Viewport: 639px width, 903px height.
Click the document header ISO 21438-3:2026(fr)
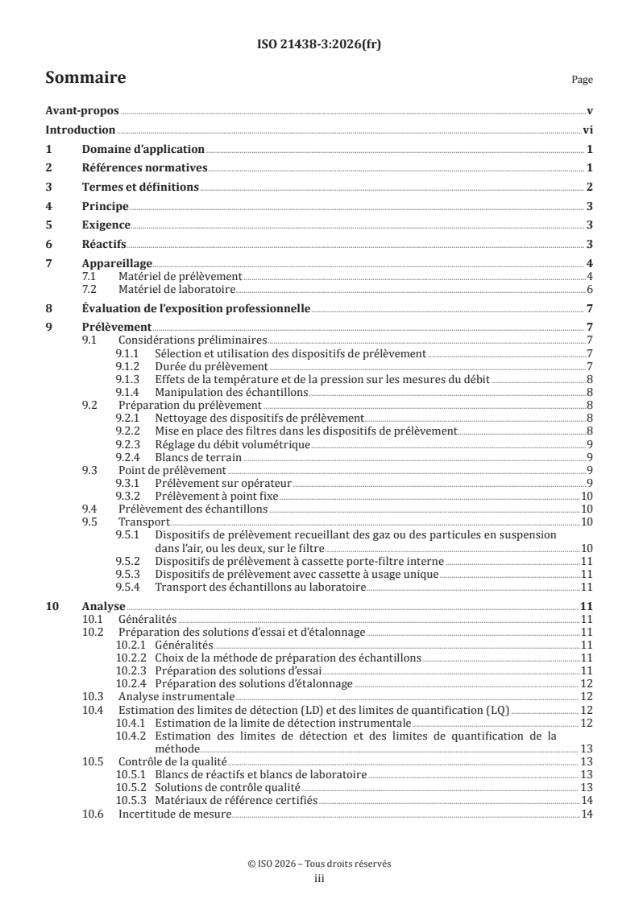coord(319,45)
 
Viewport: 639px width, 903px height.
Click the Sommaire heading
coord(85,78)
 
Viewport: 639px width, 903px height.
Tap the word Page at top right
coord(582,80)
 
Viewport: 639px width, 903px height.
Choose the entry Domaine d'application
coord(143,150)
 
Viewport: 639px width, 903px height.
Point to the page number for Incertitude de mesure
coord(587,815)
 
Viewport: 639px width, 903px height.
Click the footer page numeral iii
coord(319,880)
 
